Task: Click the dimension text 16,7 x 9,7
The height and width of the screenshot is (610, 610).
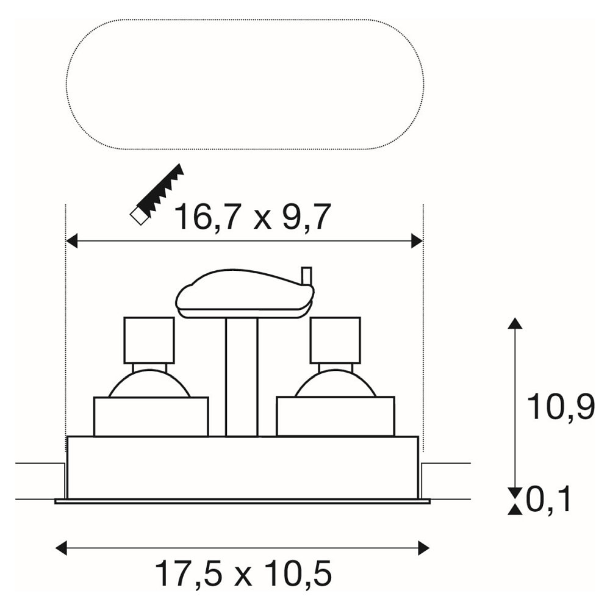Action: [x=253, y=217]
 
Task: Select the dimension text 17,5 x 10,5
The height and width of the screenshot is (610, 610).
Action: [x=243, y=573]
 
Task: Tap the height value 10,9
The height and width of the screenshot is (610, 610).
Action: [x=561, y=407]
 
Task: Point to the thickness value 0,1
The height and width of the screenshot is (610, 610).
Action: [x=548, y=500]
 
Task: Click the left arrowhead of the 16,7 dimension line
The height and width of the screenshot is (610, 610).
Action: [x=72, y=241]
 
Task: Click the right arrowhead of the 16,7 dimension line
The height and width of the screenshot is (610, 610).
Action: [x=417, y=241]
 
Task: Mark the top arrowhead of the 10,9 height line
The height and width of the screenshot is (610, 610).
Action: [x=515, y=323]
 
